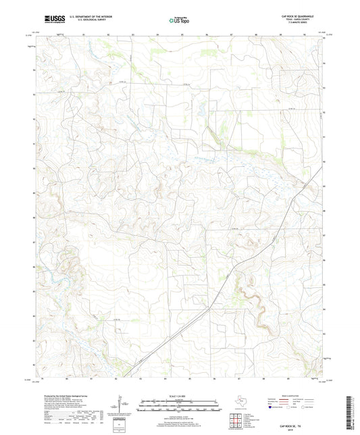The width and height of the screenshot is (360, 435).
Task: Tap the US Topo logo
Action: pyautogui.click(x=178, y=20)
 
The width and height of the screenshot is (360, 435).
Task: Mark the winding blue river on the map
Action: pyautogui.click(x=54, y=277)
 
